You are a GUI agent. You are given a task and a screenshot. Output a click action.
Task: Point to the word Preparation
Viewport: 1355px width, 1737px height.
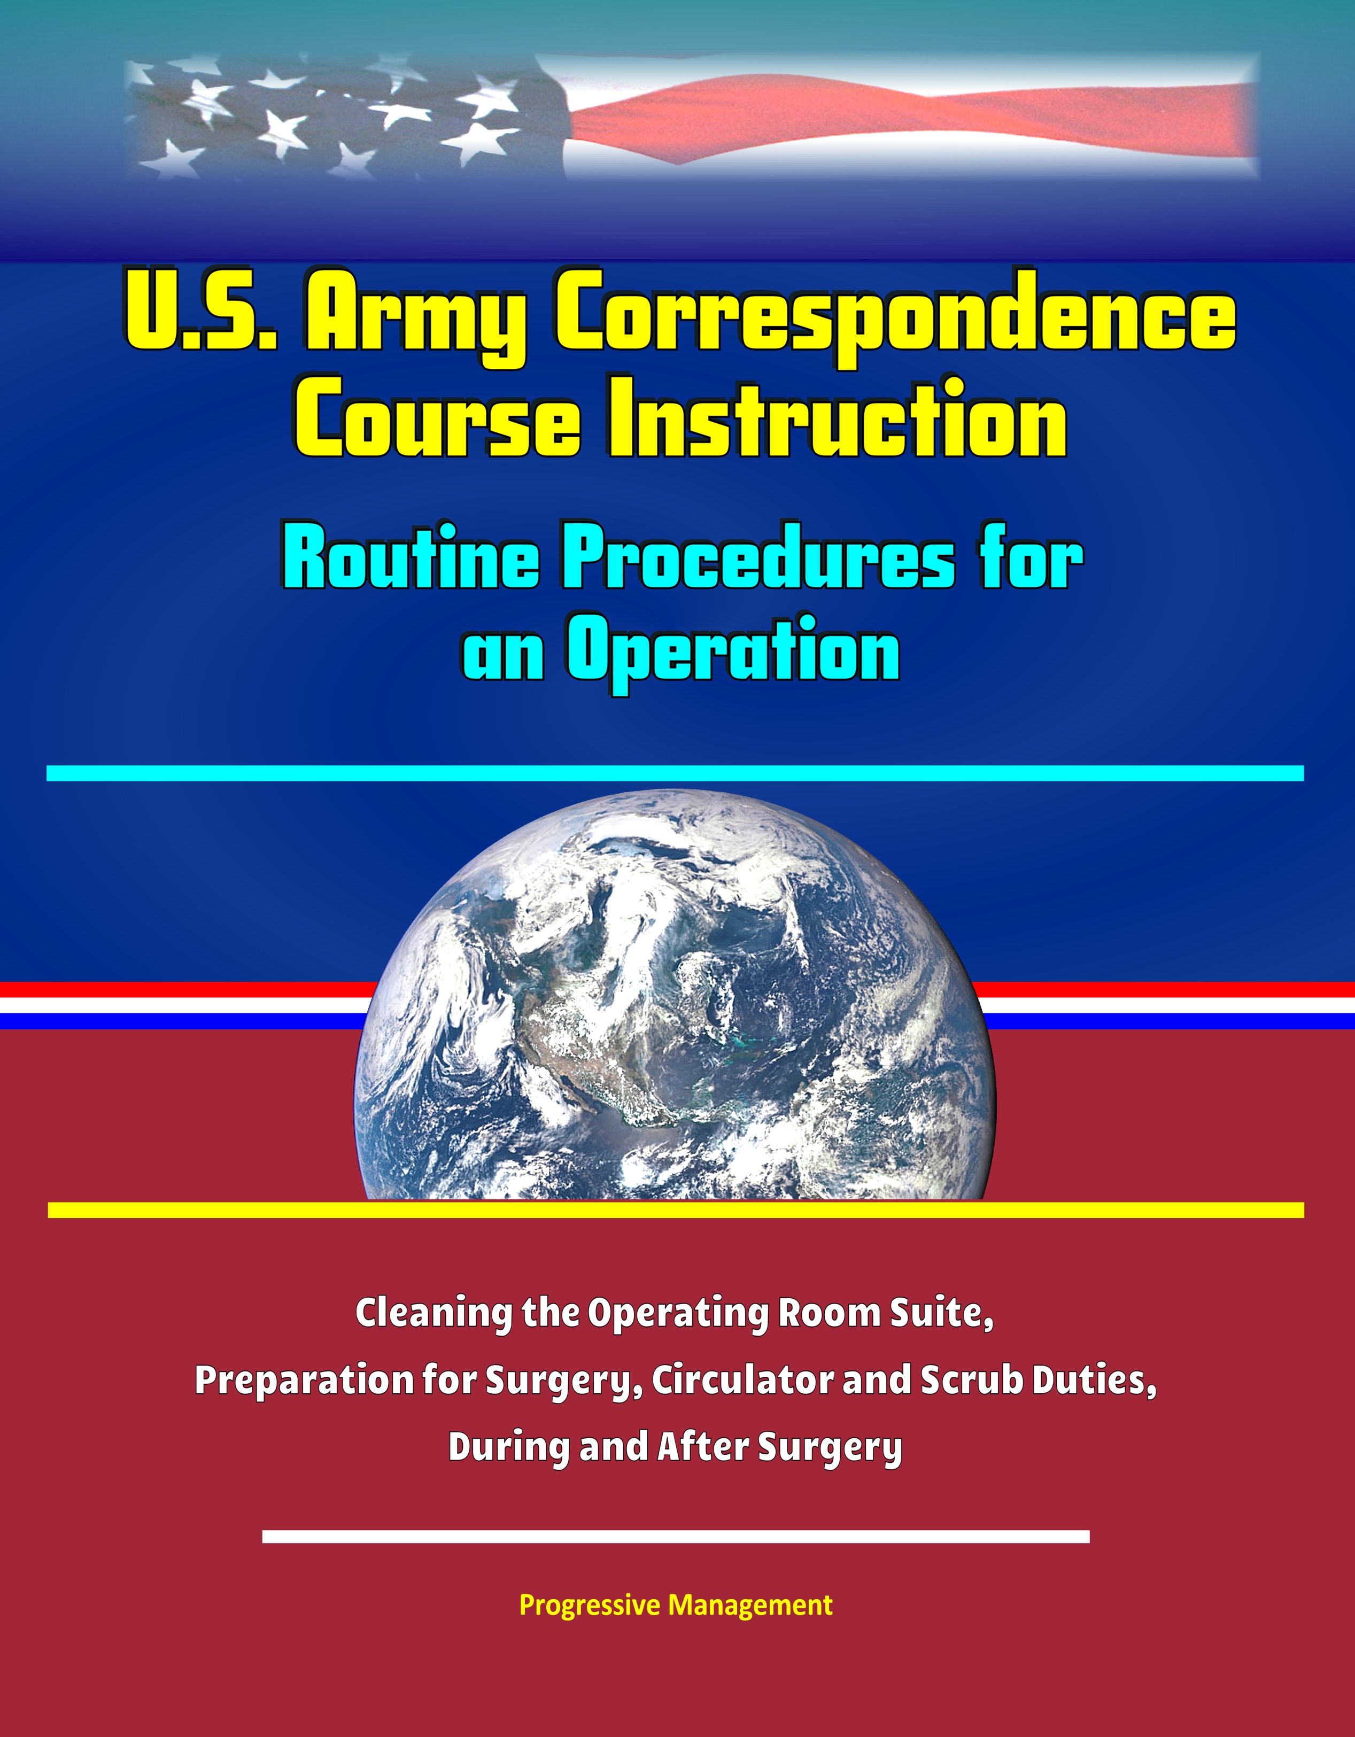303,1382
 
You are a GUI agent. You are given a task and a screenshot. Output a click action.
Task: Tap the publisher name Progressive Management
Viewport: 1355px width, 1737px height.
676,1606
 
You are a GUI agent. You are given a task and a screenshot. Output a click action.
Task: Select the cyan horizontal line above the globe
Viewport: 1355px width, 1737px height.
675,773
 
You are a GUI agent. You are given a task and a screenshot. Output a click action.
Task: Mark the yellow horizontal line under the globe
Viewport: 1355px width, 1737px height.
676,1209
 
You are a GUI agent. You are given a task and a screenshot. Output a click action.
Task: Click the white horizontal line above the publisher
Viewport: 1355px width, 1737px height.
676,1536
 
